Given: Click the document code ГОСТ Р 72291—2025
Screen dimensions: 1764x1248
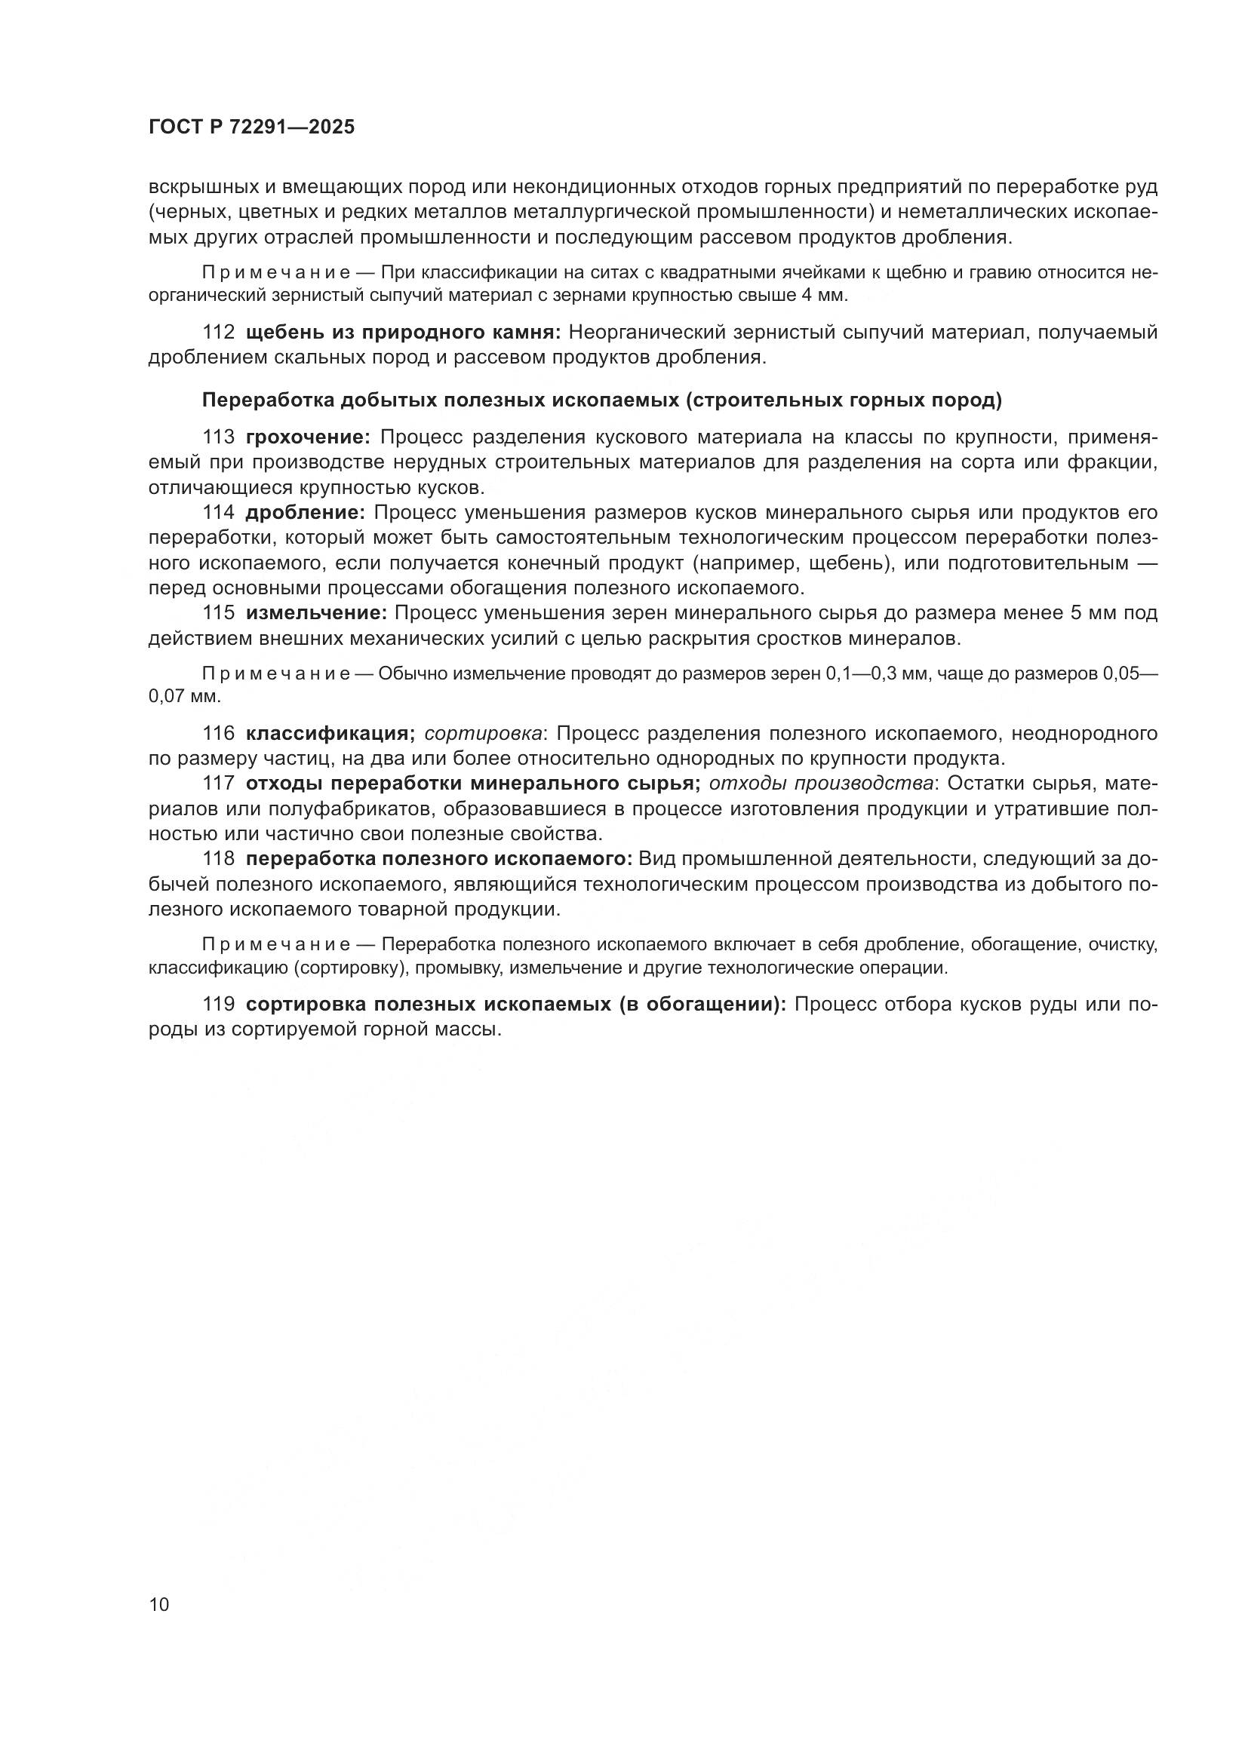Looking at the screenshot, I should [251, 127].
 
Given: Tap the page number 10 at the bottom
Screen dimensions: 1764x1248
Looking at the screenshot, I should [159, 1605].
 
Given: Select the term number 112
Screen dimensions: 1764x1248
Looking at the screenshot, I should [218, 333].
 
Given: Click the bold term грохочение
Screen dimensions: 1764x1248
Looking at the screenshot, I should [308, 437].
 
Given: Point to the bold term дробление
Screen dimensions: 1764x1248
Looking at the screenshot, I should [305, 512].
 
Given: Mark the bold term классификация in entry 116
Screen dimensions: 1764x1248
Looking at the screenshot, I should [330, 734].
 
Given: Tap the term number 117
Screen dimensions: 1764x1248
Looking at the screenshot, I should [218, 784].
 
